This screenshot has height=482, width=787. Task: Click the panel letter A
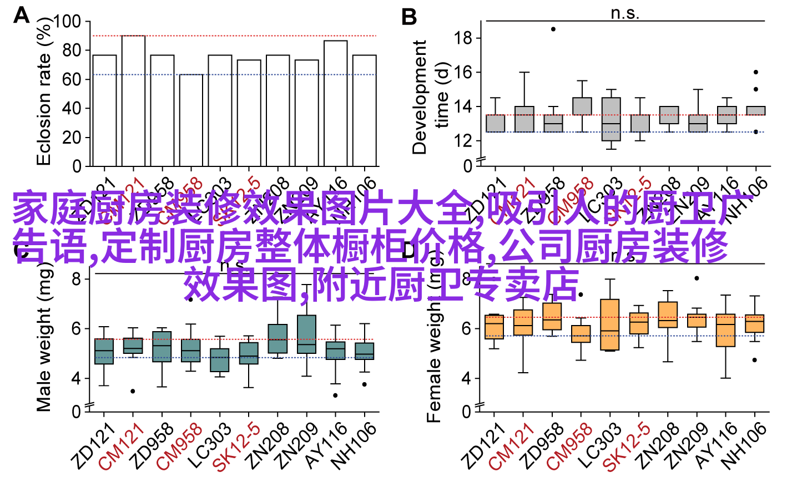click(x=21, y=15)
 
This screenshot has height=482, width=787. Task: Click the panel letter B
click(x=409, y=17)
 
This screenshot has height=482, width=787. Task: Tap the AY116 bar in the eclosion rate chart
click(x=336, y=103)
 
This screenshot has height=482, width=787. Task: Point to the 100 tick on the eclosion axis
click(x=67, y=22)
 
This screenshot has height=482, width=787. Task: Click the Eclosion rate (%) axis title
click(x=44, y=92)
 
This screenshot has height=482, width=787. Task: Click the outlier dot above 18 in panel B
click(x=553, y=29)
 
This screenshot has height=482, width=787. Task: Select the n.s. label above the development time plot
click(x=625, y=13)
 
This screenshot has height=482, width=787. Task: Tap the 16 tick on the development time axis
click(x=462, y=73)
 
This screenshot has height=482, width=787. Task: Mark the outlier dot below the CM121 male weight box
click(x=133, y=391)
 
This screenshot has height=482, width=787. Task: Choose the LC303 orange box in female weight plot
click(x=610, y=324)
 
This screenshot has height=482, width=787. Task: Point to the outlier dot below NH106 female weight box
click(x=754, y=360)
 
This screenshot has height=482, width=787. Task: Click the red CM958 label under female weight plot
click(x=569, y=447)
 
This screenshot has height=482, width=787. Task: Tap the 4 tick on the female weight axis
click(x=466, y=378)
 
